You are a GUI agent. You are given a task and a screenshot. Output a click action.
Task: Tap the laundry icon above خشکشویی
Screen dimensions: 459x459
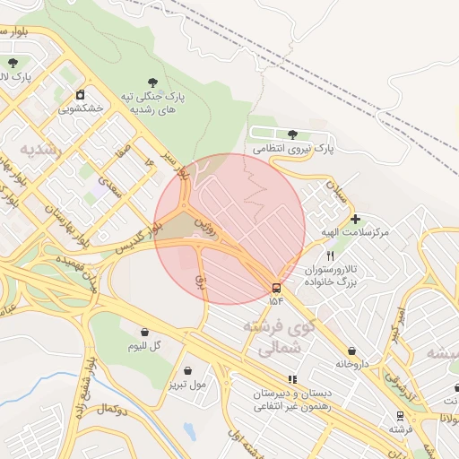coord(81,94)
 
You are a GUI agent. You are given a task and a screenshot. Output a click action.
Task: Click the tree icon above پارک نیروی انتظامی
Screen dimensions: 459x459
coord(292,134)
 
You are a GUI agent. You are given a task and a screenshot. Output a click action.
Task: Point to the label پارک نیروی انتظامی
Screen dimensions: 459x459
coord(292,149)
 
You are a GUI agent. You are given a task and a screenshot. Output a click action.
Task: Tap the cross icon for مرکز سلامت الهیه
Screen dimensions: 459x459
coord(355,219)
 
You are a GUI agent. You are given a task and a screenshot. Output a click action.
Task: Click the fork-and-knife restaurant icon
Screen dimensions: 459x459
coord(330,255)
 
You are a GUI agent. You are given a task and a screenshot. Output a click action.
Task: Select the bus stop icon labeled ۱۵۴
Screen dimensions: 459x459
coord(276,288)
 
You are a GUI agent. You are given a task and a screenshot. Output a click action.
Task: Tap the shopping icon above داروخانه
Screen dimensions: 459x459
coord(351,351)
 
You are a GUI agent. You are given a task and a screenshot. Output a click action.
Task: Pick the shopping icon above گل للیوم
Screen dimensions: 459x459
coord(144,332)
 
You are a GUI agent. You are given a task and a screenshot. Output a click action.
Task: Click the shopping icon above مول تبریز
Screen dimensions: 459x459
coord(187,370)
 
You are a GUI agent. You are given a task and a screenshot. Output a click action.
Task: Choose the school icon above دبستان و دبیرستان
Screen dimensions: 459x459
coord(292,379)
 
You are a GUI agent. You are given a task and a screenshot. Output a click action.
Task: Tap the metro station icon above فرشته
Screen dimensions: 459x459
coord(399,416)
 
